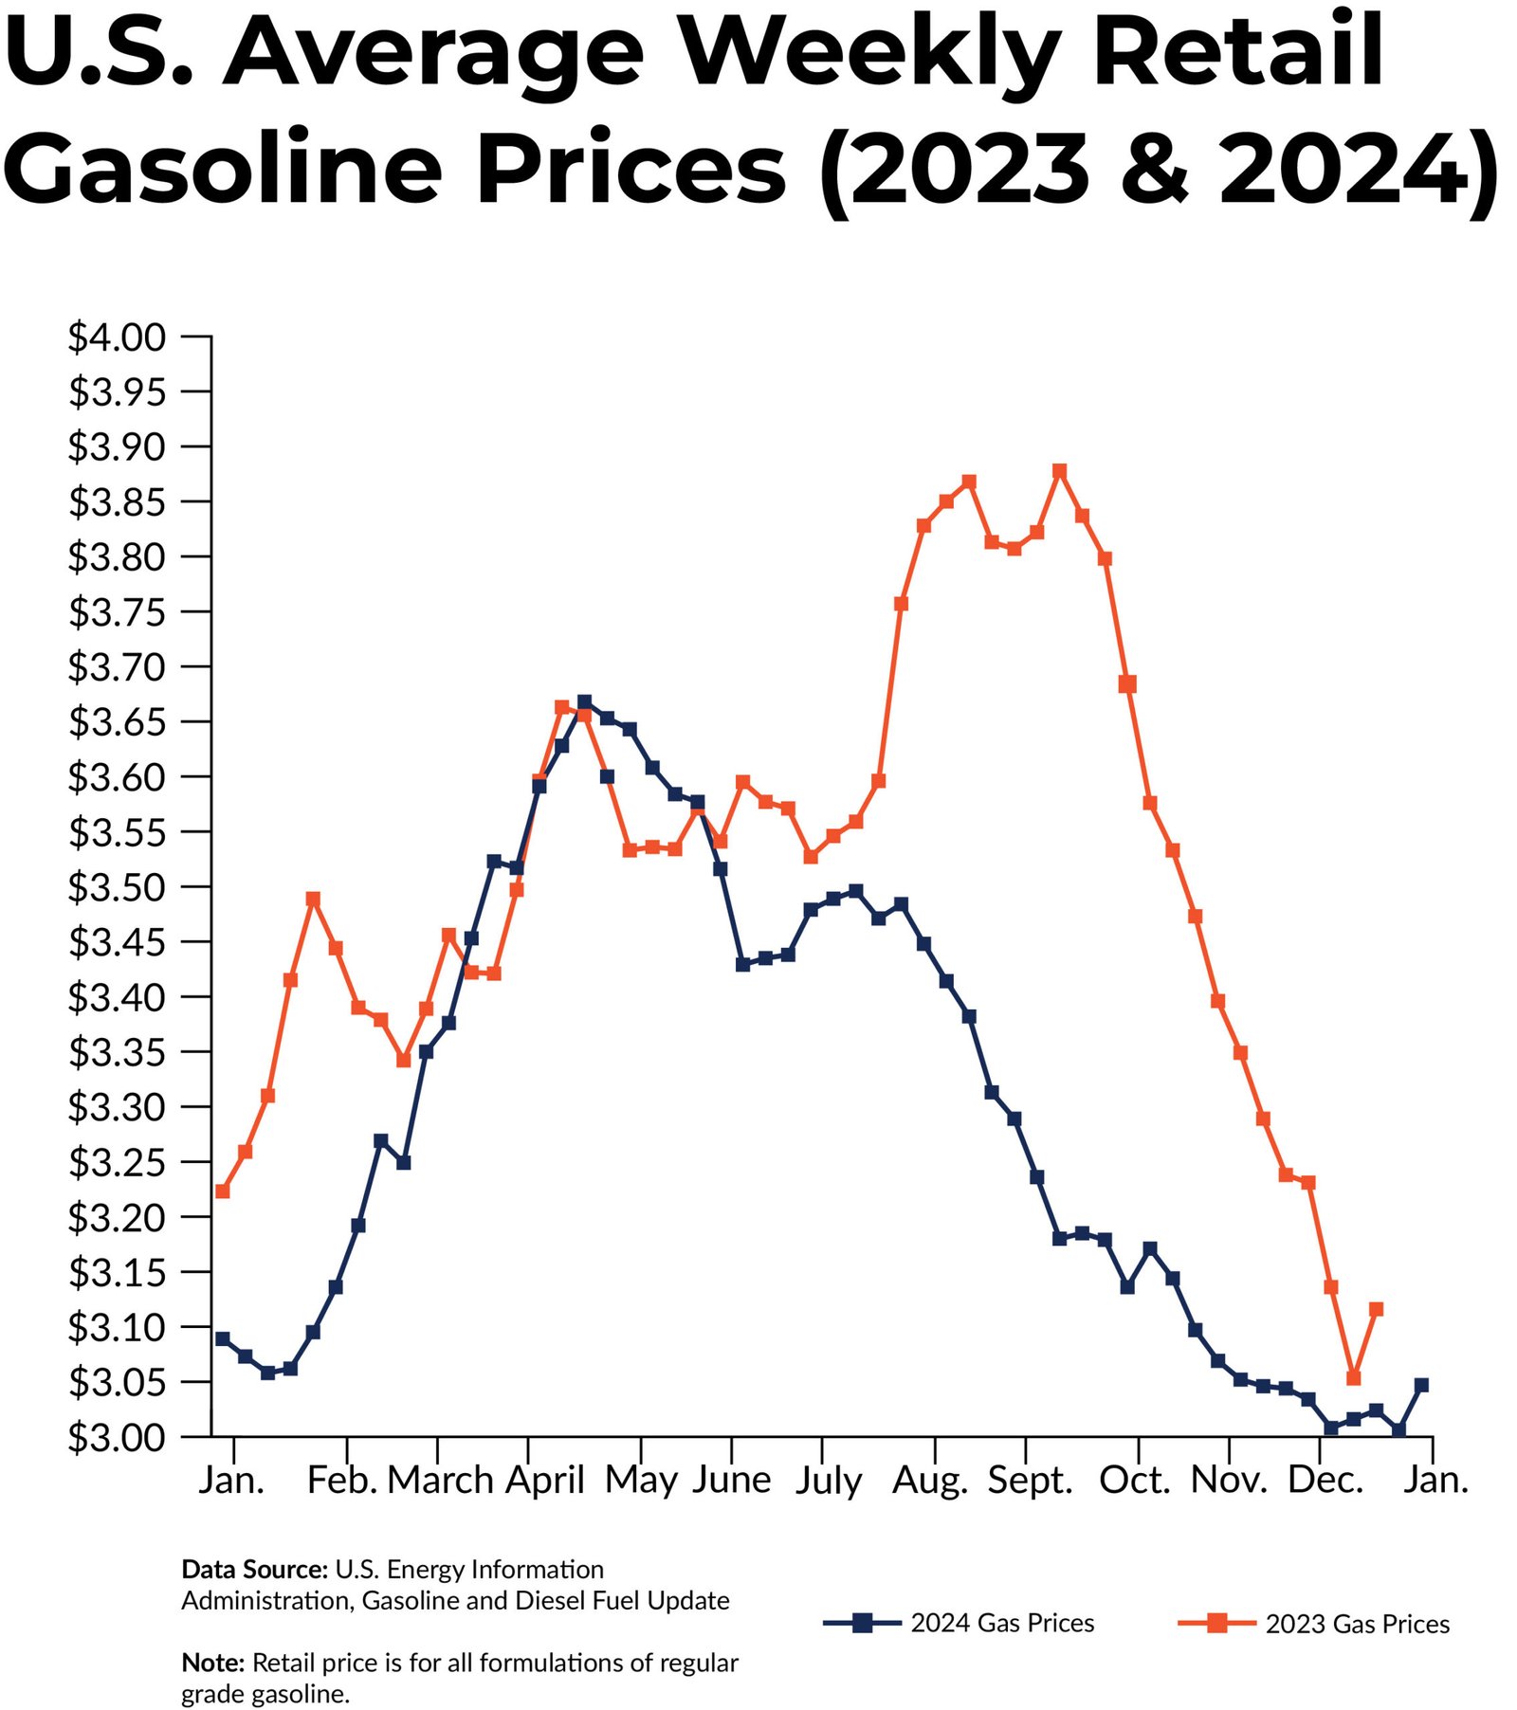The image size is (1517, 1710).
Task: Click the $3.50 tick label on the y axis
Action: point(117,888)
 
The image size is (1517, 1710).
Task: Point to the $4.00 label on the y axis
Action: point(117,337)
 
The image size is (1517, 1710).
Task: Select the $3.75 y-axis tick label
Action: point(117,612)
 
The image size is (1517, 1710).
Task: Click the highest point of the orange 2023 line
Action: point(1059,471)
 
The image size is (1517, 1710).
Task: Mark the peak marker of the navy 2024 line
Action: point(584,702)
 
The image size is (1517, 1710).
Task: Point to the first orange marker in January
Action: point(223,1191)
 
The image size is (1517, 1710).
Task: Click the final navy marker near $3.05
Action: point(1420,1385)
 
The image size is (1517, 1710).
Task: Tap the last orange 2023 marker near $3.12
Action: point(1376,1309)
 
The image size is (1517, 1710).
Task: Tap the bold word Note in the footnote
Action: point(212,1663)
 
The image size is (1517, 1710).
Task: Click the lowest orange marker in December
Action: point(1353,1377)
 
